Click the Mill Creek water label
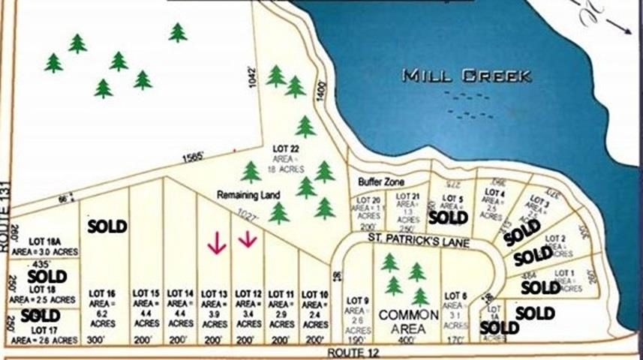[467, 76]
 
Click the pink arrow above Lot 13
[217, 243]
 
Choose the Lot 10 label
[314, 292]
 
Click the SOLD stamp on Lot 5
[448, 217]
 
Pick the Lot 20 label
[368, 200]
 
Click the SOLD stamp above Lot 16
[107, 226]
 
